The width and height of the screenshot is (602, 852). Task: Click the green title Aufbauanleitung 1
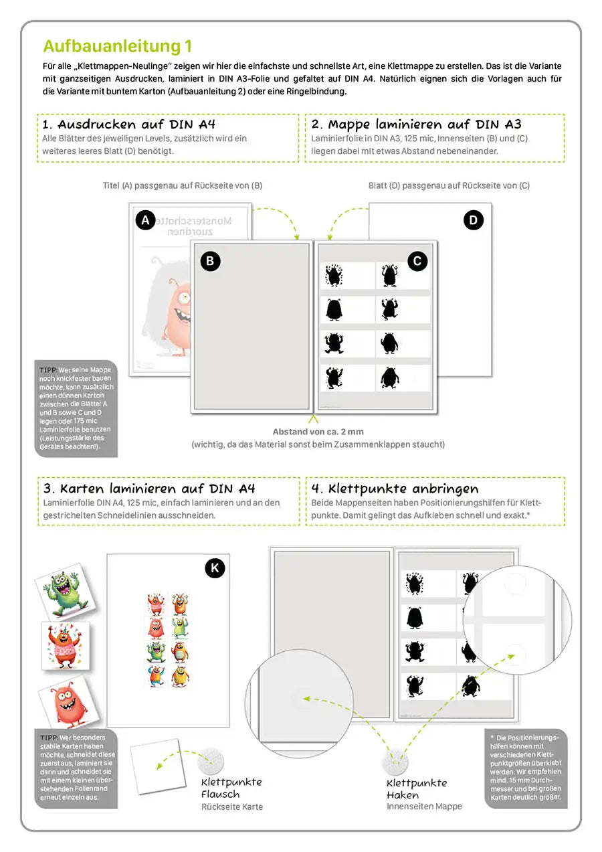click(118, 46)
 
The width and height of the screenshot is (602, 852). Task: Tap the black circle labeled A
click(145, 220)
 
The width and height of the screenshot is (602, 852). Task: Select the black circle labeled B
click(210, 261)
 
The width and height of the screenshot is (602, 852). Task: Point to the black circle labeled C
click(417, 261)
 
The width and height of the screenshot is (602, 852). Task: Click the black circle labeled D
click(473, 220)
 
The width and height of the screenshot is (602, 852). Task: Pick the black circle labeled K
click(214, 568)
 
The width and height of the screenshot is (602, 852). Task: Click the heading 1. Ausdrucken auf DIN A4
click(128, 124)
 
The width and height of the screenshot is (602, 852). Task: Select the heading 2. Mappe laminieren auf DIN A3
click(415, 124)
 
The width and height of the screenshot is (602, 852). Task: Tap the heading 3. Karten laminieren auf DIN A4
click(148, 489)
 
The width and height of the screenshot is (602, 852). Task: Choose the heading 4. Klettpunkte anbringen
click(404, 489)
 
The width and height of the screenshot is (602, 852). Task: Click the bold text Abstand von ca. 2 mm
click(318, 432)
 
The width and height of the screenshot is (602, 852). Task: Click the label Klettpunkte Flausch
click(231, 788)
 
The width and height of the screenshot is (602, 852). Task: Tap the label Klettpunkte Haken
click(417, 789)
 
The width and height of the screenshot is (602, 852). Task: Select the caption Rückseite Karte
click(231, 807)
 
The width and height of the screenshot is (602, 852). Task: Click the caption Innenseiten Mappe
click(424, 806)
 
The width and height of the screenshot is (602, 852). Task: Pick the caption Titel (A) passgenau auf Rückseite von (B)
click(182, 185)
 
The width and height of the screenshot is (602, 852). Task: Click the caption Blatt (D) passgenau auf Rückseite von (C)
click(449, 185)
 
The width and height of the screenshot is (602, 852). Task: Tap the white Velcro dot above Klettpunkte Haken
click(395, 762)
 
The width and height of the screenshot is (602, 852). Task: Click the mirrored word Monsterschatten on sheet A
click(198, 220)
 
